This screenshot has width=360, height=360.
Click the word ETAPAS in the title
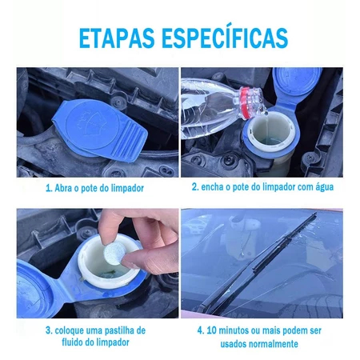pos(117,38)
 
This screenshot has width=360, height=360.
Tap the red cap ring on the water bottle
pos(246,102)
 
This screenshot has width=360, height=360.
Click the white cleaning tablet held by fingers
pos(114,254)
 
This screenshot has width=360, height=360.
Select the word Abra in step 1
pos(63,188)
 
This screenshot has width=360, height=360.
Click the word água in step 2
pos(325,187)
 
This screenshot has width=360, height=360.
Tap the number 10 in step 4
pos(211,330)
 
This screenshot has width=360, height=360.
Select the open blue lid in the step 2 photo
pos(296,85)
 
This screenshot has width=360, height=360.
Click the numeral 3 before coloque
pos(48,330)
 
